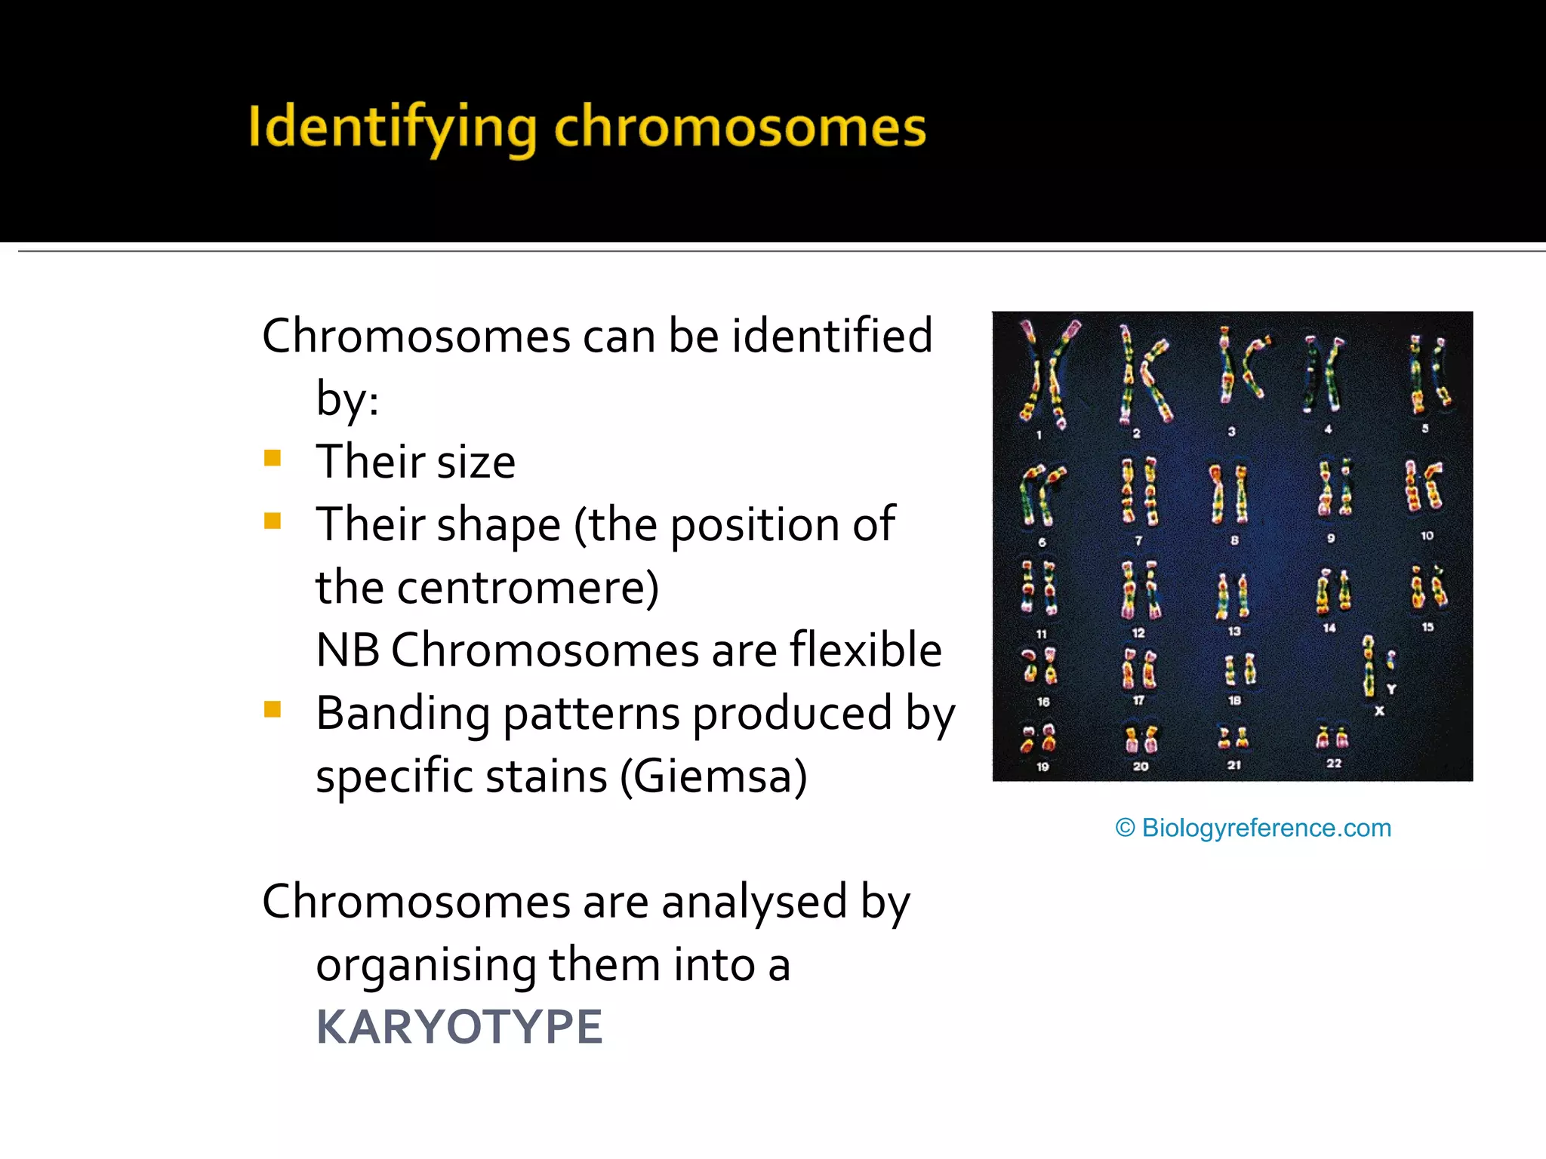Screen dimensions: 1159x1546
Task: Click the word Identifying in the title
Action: pyautogui.click(x=393, y=128)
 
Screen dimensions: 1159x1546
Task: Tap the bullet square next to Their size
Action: pyautogui.click(x=273, y=458)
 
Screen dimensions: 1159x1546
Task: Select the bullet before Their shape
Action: pyautogui.click(x=273, y=521)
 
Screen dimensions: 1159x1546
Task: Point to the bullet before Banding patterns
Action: pyautogui.click(x=273, y=709)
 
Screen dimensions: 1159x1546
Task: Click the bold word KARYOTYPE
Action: pyautogui.click(x=459, y=1027)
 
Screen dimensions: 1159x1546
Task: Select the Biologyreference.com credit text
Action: pyautogui.click(x=1253, y=828)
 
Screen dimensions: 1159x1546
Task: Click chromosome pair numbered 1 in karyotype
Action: pyautogui.click(x=1045, y=374)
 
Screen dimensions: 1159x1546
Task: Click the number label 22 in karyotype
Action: pyautogui.click(x=1334, y=763)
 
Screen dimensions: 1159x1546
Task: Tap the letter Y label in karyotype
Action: pyautogui.click(x=1391, y=689)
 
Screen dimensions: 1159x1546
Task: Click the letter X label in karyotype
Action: pyautogui.click(x=1379, y=711)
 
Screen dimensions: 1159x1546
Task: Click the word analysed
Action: pyautogui.click(x=753, y=902)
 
